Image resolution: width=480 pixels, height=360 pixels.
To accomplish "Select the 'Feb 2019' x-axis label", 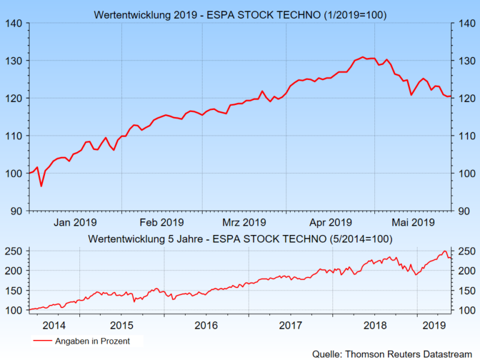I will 161,222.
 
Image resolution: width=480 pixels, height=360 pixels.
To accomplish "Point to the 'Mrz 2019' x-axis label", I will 244,222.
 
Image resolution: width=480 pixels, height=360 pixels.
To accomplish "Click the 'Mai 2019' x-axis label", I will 412,222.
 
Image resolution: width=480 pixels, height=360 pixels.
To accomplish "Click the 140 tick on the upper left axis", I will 14,24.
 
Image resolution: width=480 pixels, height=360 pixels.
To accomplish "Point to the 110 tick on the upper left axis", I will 14,136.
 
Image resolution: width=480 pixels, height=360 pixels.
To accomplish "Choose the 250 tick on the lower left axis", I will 14,251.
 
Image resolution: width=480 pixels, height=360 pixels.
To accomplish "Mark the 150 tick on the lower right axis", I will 464,291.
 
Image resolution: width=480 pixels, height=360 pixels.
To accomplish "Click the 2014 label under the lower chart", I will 54,325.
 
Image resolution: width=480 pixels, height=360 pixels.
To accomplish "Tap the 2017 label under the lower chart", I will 291,325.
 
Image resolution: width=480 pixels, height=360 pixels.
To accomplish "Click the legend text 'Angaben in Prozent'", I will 94,341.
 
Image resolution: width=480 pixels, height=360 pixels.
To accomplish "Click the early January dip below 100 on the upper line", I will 41,186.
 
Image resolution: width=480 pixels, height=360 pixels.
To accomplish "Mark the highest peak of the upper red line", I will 362,57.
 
